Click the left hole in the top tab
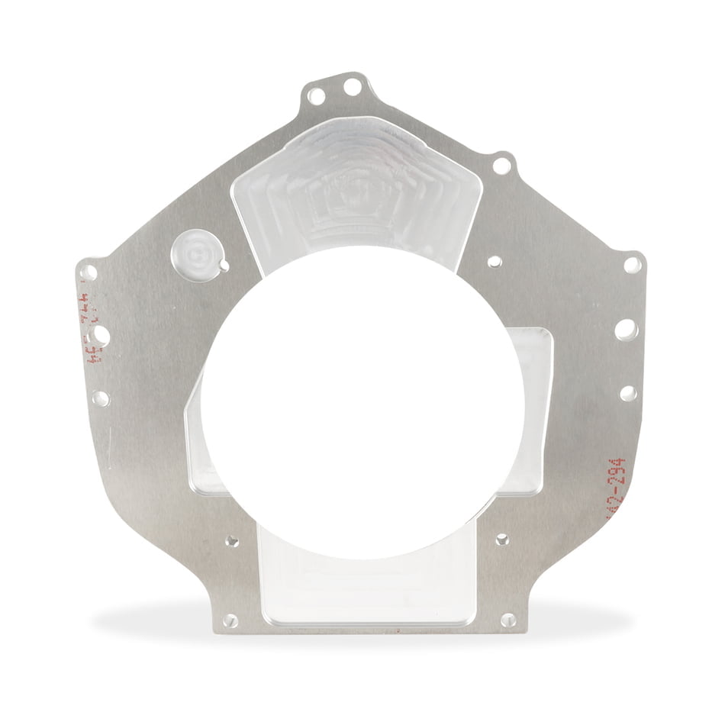click(316, 96)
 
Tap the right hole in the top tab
click(353, 87)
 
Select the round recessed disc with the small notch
click(197, 253)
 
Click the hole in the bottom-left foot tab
click(230, 620)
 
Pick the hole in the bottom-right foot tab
click(508, 620)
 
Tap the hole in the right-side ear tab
click(633, 265)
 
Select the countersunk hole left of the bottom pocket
click(231, 541)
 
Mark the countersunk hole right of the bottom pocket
click(502, 540)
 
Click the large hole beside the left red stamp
click(100, 335)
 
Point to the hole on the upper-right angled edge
click(502, 165)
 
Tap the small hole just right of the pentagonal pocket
click(495, 262)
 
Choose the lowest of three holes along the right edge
click(628, 393)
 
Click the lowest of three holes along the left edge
click(100, 398)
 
